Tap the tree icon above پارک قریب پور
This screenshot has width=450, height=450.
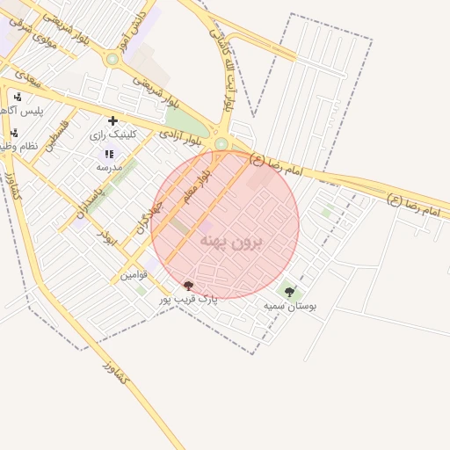click(x=187, y=286)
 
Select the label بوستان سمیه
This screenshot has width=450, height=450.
click(x=289, y=306)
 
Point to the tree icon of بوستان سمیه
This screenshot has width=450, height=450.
click(x=289, y=292)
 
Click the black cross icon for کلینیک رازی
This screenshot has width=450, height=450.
click(x=112, y=120)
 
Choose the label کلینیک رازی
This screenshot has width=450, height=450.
click(x=111, y=136)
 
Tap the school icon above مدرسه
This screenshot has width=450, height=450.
click(x=109, y=154)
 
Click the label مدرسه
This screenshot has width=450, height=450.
click(x=109, y=167)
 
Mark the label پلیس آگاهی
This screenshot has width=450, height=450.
click(x=19, y=111)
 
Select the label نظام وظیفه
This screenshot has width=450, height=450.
click(x=21, y=147)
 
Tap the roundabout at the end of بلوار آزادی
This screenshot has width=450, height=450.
click(x=221, y=144)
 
